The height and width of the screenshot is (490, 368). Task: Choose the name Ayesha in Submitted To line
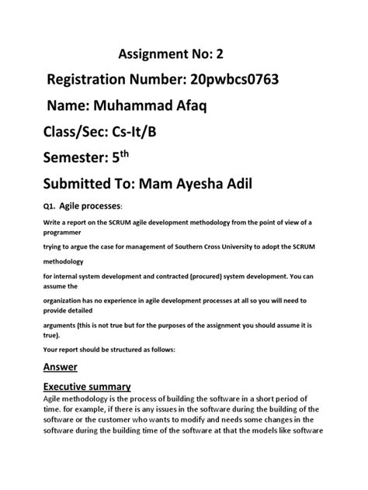250,186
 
